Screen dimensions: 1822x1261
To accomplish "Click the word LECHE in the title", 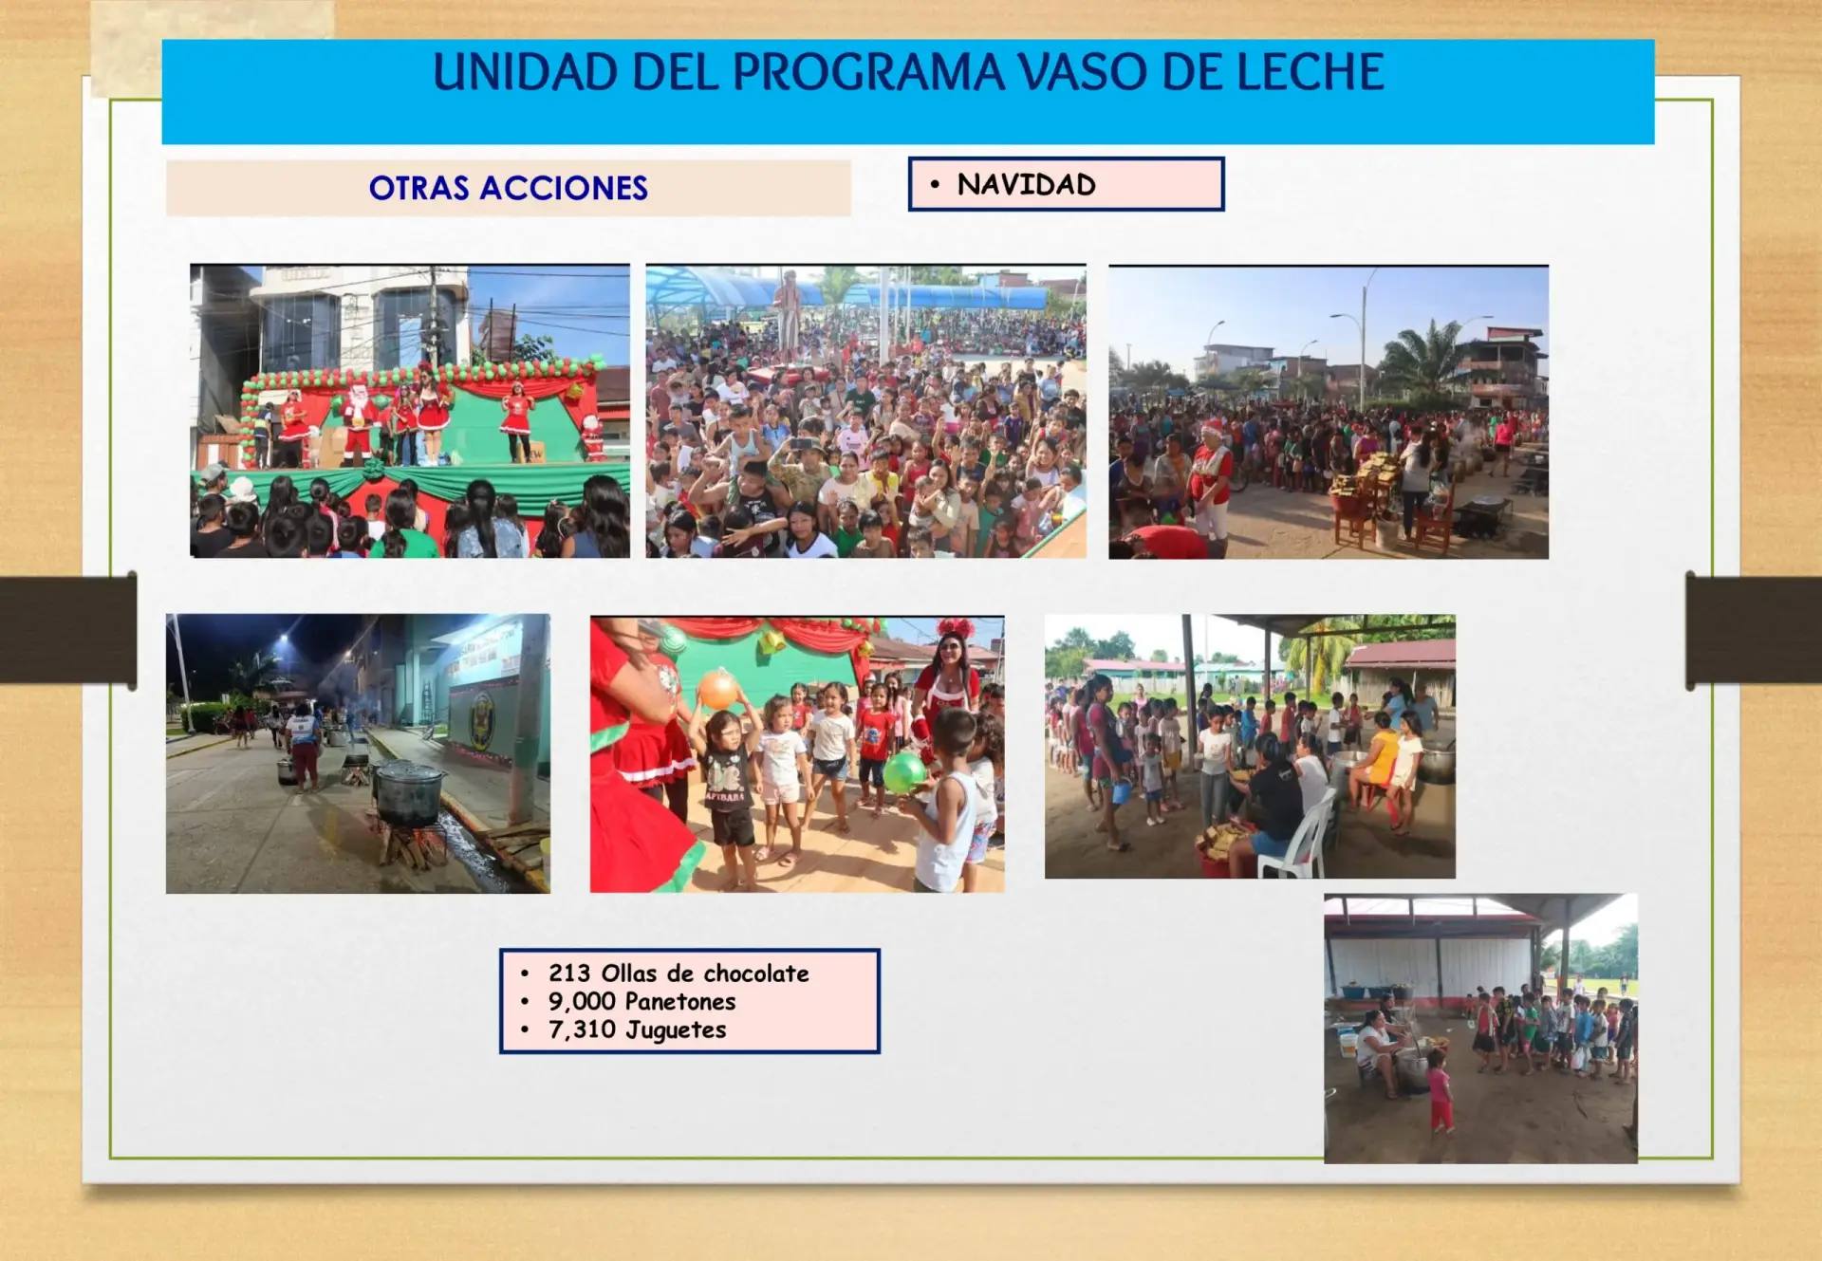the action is click(1311, 72).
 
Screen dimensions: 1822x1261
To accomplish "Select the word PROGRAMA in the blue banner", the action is click(868, 72).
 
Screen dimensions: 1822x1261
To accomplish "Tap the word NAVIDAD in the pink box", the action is click(1026, 184).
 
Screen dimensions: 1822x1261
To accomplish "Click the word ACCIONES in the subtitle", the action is click(564, 188).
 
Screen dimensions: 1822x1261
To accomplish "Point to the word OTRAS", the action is click(418, 188).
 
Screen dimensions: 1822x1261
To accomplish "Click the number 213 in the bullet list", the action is click(569, 974).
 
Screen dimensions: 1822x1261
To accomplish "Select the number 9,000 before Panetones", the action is click(582, 1002).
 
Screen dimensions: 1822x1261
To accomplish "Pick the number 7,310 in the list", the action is click(582, 1030).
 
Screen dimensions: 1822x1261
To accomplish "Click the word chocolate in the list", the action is click(756, 974).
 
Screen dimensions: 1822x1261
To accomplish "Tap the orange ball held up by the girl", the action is click(718, 690).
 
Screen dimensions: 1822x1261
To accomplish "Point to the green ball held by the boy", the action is click(904, 772).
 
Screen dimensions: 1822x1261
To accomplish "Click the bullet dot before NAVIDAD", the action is click(935, 184).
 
